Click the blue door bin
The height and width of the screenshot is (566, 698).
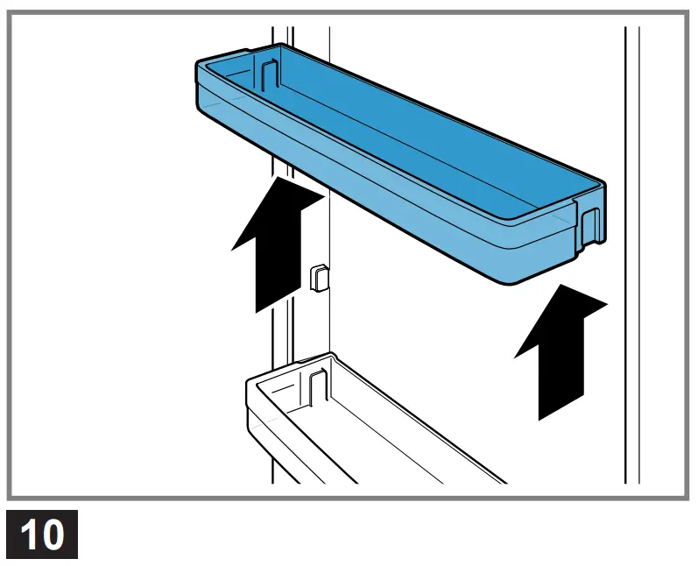point(394,166)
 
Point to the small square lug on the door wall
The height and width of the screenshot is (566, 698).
point(318,277)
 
